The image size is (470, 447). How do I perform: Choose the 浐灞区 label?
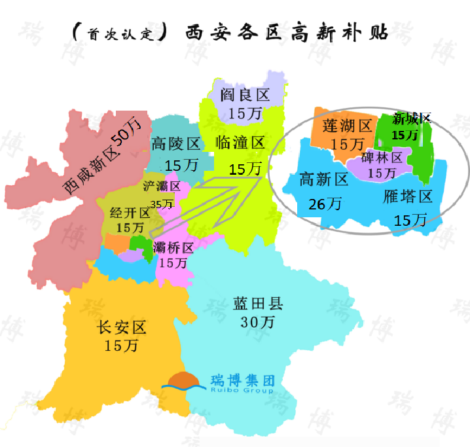coord(162,186)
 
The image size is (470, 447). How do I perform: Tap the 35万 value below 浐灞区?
coord(162,204)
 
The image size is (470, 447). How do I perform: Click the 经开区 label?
coord(130,213)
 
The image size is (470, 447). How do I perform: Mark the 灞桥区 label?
coord(173,248)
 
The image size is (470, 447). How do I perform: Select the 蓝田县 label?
coord(257,304)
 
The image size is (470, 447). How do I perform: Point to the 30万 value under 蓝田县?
coord(257,322)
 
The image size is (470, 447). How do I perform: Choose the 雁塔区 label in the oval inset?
coord(409,197)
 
